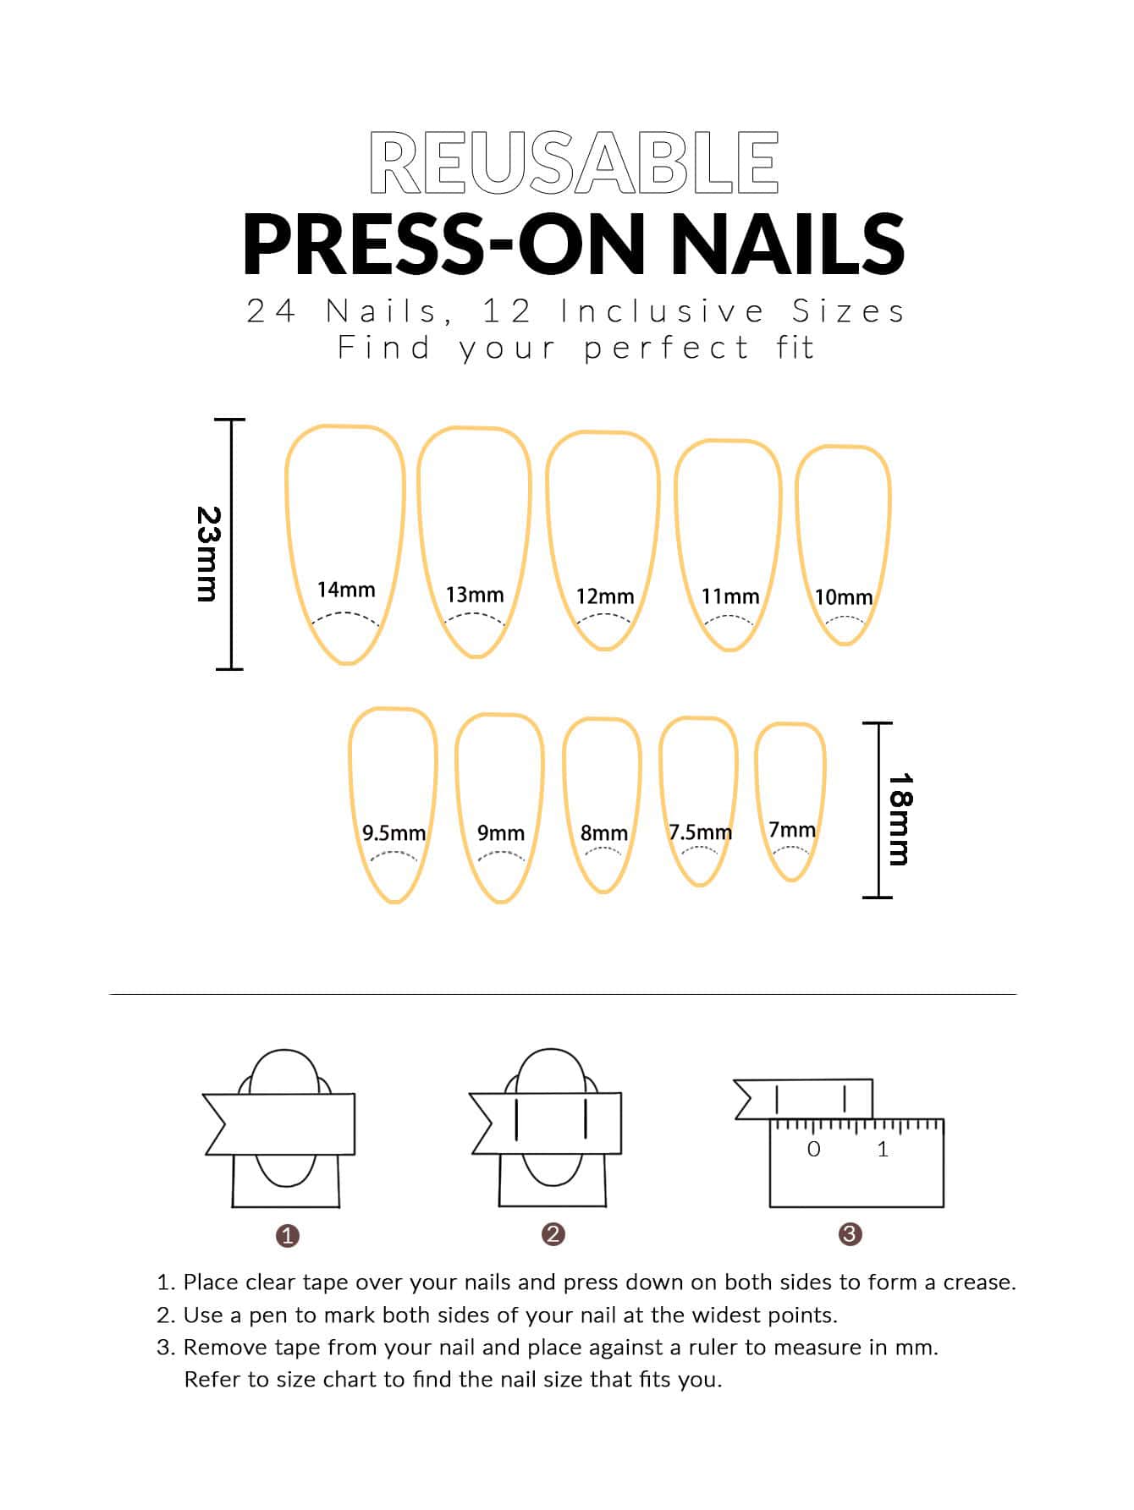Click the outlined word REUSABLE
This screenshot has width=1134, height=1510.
point(574,162)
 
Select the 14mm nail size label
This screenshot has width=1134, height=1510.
point(346,590)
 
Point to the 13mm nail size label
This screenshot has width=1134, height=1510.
point(475,595)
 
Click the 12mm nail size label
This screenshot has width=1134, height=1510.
point(605,596)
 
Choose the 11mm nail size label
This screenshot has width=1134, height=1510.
point(730,596)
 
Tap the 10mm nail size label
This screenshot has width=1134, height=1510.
point(844,597)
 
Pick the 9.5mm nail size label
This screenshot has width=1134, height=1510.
point(394,833)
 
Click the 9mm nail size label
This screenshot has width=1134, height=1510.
point(501,833)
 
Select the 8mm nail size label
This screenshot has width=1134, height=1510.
point(604,833)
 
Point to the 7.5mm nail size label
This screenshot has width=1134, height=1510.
point(701,832)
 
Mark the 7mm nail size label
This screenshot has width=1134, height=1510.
point(792,830)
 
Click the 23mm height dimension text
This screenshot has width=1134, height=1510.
point(208,554)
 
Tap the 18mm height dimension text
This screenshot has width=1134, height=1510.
point(899,819)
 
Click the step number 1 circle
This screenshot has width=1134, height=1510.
point(288,1236)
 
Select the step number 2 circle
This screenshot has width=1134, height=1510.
point(553,1234)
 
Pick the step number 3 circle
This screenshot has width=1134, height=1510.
point(850,1234)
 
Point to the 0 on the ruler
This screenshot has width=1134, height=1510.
point(814,1149)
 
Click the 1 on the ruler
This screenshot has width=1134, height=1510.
point(883,1149)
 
